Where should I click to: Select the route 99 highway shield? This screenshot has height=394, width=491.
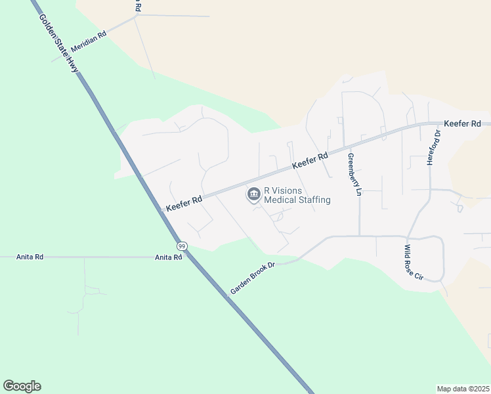182,246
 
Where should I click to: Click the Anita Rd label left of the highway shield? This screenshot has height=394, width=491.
169,257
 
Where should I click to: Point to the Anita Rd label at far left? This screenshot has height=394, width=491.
30,257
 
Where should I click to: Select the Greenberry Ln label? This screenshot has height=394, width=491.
354,175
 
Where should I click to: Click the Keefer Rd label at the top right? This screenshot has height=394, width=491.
462,123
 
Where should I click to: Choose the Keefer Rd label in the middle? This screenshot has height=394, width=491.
310,161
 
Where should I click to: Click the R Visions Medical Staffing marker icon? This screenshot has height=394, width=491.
253,195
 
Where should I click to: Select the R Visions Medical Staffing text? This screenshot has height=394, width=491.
297,195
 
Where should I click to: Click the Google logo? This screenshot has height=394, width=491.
22,385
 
